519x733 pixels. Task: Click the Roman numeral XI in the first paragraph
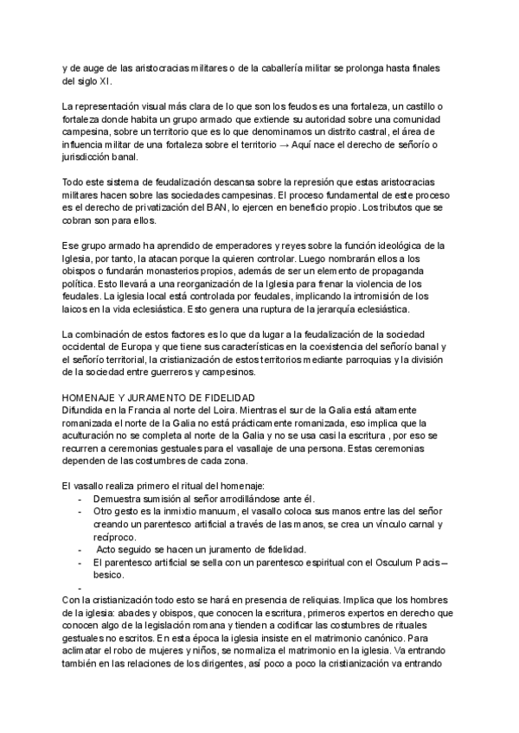coord(104,81)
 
